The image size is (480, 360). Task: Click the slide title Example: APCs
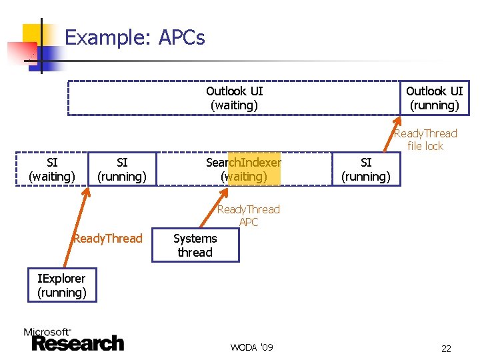point(135,37)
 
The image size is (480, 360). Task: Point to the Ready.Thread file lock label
point(425,139)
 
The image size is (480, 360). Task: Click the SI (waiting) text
point(51,169)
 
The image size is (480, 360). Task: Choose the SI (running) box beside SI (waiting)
point(122,169)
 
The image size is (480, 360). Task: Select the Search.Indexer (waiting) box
point(243,169)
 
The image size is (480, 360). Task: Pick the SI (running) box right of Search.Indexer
point(366,169)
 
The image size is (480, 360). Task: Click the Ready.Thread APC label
point(249,215)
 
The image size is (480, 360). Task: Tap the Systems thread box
point(195,245)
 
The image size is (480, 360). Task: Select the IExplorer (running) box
point(62,285)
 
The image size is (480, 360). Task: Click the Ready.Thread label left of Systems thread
point(108,239)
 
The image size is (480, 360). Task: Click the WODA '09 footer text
point(251,347)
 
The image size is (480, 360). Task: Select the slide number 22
point(446,348)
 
